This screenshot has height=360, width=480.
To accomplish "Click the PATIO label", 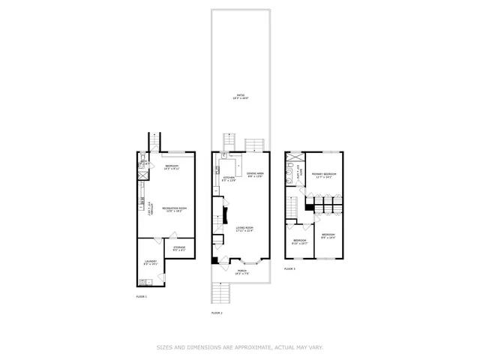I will click(x=241, y=96).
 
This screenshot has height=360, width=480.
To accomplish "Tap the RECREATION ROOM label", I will click(x=174, y=208).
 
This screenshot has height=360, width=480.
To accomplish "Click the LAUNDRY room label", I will click(x=150, y=262).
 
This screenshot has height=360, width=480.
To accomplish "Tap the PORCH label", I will click(x=242, y=271).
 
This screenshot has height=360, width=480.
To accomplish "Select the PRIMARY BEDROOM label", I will click(x=324, y=175).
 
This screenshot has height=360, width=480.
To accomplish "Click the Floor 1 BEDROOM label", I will click(x=171, y=166).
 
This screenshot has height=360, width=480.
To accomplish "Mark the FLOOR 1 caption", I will click(x=141, y=297).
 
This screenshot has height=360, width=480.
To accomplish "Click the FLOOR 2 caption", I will click(x=217, y=312).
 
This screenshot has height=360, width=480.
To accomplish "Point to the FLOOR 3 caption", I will click(x=289, y=268).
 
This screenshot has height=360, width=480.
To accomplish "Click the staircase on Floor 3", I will click(x=294, y=204).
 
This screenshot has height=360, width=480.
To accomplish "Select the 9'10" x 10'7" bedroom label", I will click(x=298, y=241).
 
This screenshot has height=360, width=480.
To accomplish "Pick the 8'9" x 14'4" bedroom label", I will click(x=328, y=236).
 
